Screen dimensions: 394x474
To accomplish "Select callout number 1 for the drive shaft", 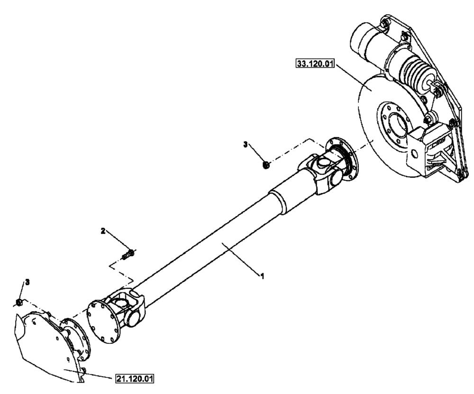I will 260,275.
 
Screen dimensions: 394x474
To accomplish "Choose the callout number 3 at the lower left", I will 27,282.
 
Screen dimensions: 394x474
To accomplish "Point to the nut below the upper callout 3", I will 266,165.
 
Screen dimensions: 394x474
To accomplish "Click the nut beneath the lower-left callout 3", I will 18,302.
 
